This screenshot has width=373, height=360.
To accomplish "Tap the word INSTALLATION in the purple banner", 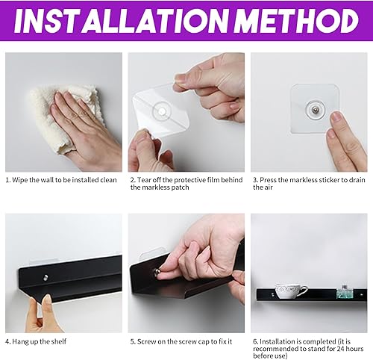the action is [122, 20].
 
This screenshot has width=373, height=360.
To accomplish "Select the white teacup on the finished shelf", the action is [290, 291].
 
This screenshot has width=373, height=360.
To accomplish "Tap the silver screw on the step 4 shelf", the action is [46, 277].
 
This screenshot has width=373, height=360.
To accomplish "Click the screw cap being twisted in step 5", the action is [157, 273].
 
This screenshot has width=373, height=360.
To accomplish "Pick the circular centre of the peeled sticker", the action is [162, 111].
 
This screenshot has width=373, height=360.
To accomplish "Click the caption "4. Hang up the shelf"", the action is [36, 341].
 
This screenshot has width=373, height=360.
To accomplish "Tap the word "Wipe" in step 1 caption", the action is [20, 180].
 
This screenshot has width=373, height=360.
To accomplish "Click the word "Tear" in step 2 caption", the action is [144, 180].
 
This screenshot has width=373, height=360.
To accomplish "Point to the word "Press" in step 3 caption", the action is [268, 180].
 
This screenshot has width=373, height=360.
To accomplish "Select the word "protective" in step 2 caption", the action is [188, 180].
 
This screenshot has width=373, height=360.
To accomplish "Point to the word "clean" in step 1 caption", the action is [108, 180].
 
